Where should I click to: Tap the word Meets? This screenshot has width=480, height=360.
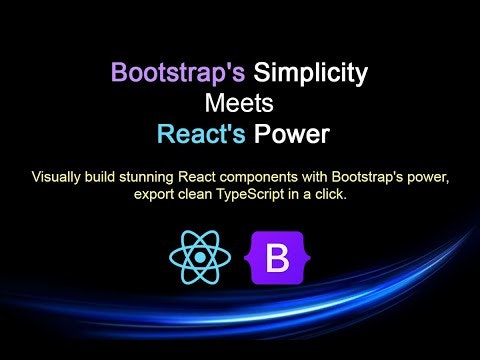[x=240, y=103]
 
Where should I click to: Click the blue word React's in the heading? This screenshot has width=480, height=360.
[x=201, y=133]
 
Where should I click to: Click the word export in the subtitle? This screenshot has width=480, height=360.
[x=154, y=194]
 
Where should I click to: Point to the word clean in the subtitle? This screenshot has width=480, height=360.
[x=198, y=194]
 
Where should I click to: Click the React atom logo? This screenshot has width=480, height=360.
[x=200, y=257]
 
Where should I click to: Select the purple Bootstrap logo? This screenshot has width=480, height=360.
[x=277, y=257]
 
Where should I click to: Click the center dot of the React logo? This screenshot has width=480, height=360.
[x=200, y=257]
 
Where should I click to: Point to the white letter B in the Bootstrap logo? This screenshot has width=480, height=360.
[x=277, y=258]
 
